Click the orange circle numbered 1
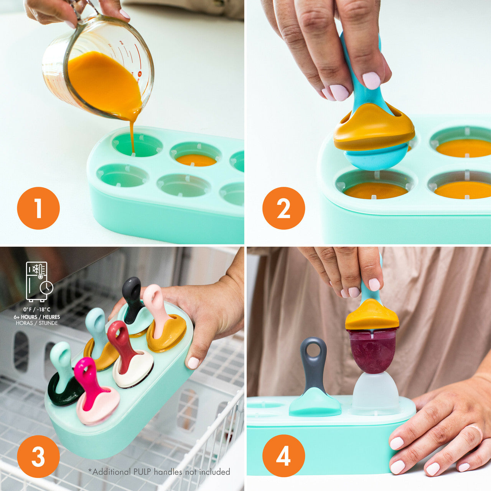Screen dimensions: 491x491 [x=38, y=208]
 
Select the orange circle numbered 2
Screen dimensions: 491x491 [x=283, y=208]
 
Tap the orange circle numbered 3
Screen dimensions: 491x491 [x=38, y=456]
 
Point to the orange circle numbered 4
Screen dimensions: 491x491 [x=283, y=456]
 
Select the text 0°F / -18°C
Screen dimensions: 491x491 [x=37, y=310]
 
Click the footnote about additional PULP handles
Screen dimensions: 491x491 [x=159, y=472]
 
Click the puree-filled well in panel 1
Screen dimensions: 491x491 [x=196, y=159]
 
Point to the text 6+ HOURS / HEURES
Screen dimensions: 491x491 [x=37, y=317]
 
